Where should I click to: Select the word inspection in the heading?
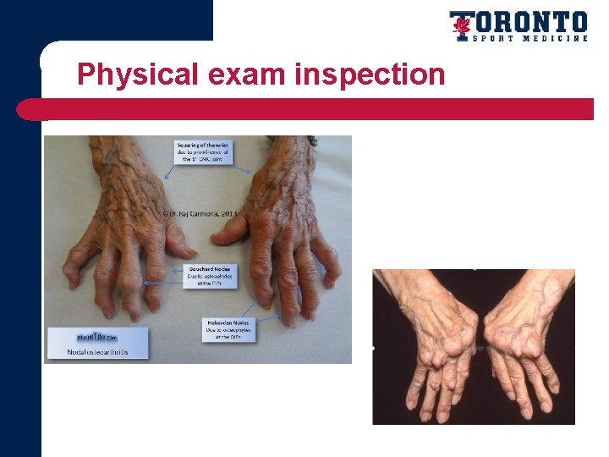click(x=370, y=74)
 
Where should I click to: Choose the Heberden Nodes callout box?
click(x=226, y=329)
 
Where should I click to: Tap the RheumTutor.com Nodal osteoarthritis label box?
click(x=98, y=342)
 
